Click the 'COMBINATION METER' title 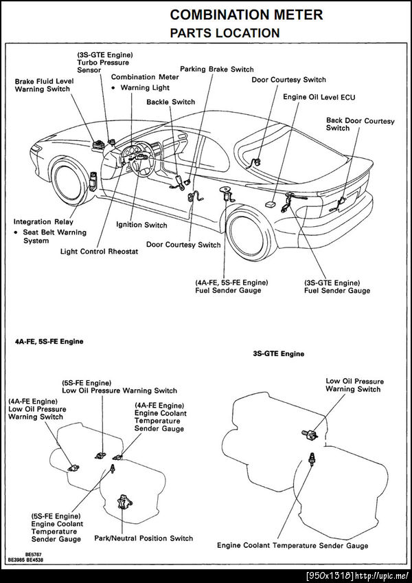[246, 14]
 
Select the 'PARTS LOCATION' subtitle [225, 32]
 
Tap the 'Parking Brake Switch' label [216, 69]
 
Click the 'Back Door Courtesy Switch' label [360, 124]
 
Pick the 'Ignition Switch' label [141, 225]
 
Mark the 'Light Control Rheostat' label [99, 252]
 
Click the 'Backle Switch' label [170, 102]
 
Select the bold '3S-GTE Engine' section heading [278, 354]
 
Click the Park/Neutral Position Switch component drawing [124, 501]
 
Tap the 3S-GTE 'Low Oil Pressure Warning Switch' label [354, 385]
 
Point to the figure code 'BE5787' [34, 553]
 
